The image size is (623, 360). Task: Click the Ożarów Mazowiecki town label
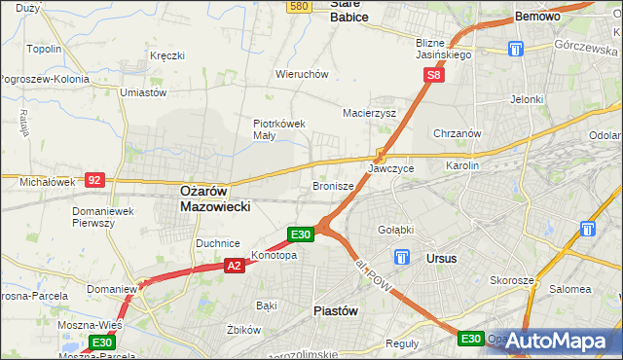(x=216, y=199)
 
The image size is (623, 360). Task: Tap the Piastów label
(x=337, y=310)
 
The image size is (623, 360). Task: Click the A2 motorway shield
(x=234, y=265)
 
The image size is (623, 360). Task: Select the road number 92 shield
(x=94, y=180)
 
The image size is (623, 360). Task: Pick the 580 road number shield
(x=300, y=6)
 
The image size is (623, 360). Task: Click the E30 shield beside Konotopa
(x=301, y=234)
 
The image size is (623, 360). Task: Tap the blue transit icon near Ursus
(x=402, y=258)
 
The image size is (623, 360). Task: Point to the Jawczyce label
(x=390, y=168)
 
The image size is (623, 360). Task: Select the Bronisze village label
(x=332, y=185)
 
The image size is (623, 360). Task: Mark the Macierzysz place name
(x=369, y=113)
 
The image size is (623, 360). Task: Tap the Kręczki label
(x=167, y=55)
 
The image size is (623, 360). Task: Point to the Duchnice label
(x=217, y=243)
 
